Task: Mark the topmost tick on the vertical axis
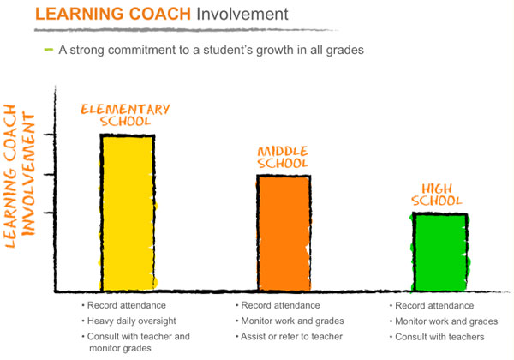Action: click(x=51, y=135)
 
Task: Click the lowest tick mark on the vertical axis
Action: click(x=51, y=212)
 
